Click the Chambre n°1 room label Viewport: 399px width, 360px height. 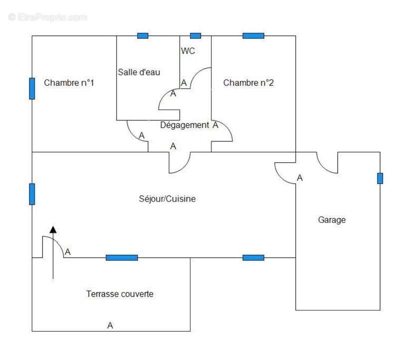point(69,83)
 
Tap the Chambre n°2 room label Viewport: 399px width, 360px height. point(248,83)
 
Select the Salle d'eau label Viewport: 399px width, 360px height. point(139,72)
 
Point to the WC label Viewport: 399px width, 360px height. point(188,51)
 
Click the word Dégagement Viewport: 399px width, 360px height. point(184,125)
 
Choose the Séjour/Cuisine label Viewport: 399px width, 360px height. point(167,199)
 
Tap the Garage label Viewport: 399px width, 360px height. point(332,220)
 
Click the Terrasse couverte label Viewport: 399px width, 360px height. point(120,294)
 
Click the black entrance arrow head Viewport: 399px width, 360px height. point(53,229)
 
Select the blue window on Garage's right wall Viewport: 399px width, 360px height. point(380,178)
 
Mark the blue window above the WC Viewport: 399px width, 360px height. point(196,35)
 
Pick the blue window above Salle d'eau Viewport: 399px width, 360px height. point(143,35)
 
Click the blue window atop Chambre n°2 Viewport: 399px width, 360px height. point(253,35)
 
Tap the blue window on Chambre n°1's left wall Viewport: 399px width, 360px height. point(32,88)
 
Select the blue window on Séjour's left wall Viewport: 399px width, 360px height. point(32,194)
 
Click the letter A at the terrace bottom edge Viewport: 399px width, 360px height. point(110,326)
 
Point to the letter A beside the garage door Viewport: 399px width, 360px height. point(300,178)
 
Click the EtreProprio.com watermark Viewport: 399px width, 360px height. point(48,17)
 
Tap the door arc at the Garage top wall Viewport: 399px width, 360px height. point(327,165)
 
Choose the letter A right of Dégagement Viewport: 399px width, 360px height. point(215,125)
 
